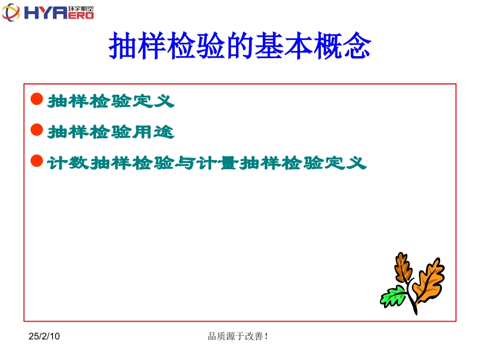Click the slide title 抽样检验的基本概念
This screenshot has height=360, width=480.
[x=240, y=46]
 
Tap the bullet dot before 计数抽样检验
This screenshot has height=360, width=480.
[x=36, y=161]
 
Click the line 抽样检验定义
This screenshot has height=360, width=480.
[x=111, y=101]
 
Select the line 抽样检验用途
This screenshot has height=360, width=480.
[x=111, y=132]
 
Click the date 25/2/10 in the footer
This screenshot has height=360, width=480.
[x=44, y=336]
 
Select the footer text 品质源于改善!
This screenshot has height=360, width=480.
[x=237, y=336]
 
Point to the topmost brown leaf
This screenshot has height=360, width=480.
[x=402, y=268]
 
